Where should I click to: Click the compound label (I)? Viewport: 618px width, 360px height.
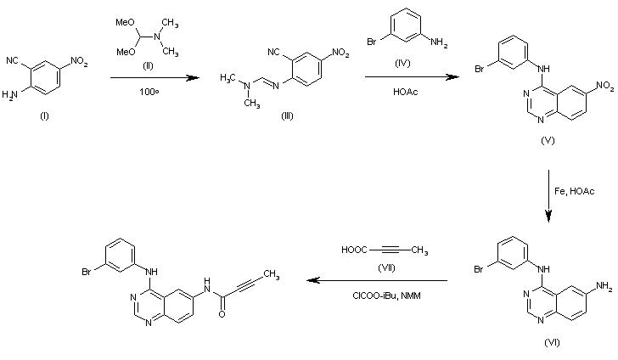pos(43,115)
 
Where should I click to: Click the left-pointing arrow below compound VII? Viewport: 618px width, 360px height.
pos(378,281)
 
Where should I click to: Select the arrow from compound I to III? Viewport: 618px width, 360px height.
pos(149,77)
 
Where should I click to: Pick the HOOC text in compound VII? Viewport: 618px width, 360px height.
pos(353,250)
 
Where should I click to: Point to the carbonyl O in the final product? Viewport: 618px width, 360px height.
pos(222,313)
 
